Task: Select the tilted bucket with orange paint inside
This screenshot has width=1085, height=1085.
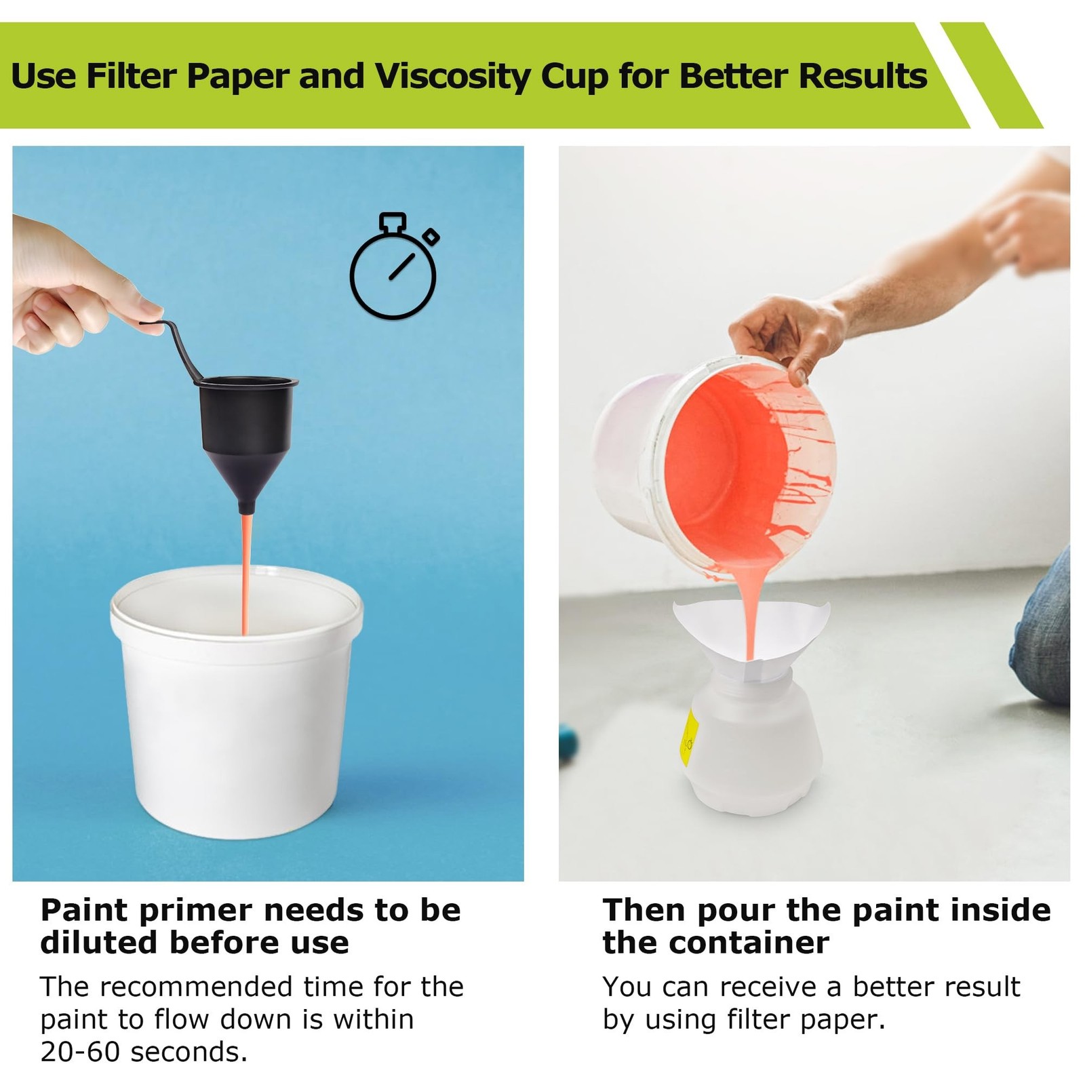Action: (715, 468)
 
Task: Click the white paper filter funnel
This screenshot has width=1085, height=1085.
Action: (751, 637)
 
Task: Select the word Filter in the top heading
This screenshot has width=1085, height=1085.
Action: (132, 75)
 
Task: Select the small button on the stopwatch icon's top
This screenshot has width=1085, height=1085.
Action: (393, 222)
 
